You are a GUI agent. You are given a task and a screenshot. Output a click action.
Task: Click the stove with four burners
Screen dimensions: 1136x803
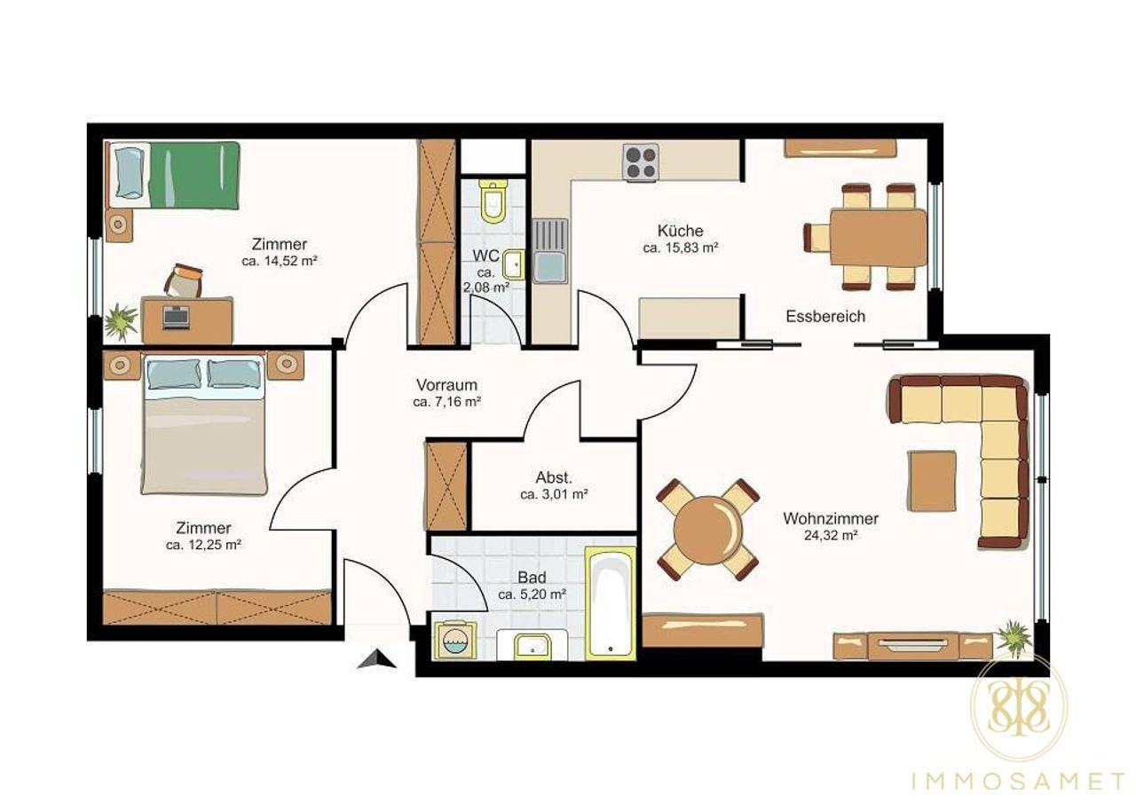(641, 161)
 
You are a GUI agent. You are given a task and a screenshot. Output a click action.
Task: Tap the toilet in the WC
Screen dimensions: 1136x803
(493, 201)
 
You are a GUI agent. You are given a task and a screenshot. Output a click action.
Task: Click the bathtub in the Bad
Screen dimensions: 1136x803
(611, 603)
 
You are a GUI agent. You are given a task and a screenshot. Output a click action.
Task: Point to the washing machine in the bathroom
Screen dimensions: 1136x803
(455, 640)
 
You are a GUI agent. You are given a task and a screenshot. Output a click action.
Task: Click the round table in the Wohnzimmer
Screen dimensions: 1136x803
(708, 531)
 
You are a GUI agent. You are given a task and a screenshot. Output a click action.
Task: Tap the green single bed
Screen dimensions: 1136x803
(173, 175)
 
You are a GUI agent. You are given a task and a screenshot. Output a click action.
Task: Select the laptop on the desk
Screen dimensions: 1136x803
(176, 317)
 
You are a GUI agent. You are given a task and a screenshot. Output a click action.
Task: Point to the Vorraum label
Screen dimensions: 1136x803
(446, 385)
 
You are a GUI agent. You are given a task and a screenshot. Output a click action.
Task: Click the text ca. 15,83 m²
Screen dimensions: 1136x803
(681, 248)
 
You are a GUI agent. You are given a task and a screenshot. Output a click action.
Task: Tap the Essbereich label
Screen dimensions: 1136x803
(825, 317)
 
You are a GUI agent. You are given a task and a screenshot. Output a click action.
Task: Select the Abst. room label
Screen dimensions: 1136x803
(554, 477)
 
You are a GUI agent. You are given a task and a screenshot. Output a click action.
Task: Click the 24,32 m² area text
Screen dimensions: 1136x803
(831, 535)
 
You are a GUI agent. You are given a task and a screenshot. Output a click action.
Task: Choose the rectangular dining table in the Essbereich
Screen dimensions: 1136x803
(878, 237)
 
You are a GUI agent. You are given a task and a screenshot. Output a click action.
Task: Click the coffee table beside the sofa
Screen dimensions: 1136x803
(932, 481)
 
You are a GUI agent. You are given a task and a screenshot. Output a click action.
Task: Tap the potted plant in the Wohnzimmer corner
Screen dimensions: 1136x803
(1014, 638)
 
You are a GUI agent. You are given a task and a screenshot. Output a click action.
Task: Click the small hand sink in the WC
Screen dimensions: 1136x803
(514, 264)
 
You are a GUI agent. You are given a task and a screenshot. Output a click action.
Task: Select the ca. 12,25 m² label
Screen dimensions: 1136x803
(203, 545)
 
